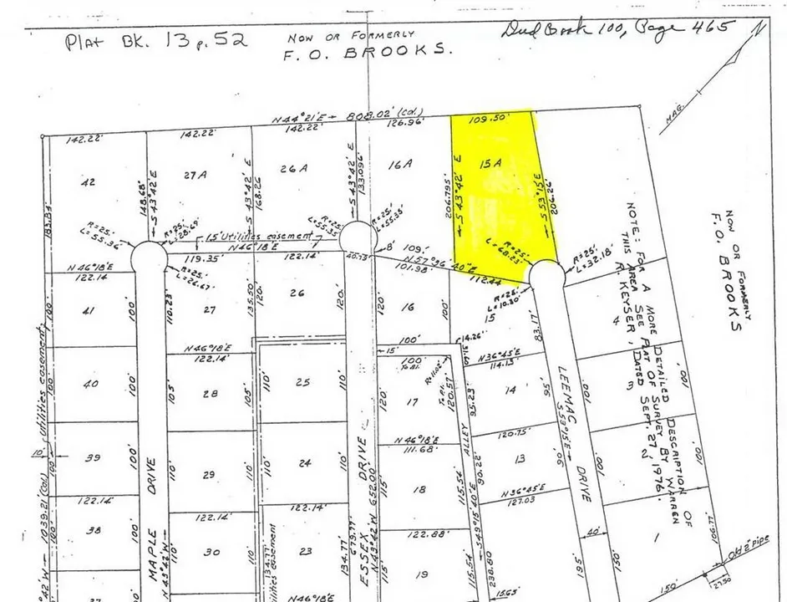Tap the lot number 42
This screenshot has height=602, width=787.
87,180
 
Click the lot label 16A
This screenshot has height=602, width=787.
401,165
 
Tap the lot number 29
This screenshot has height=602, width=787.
209,475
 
